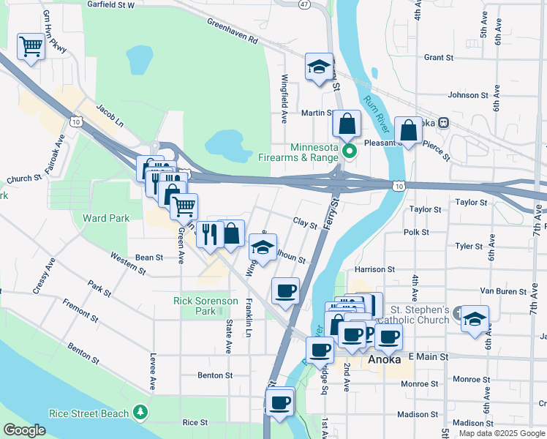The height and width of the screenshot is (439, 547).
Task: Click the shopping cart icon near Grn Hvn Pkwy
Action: pyautogui.click(x=31, y=47)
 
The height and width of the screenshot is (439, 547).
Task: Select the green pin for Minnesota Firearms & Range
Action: pyautogui.click(x=350, y=152)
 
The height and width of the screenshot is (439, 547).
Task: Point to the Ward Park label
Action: pyautogui.click(x=106, y=218)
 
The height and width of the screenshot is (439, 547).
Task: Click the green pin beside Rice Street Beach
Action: pyautogui.click(x=140, y=413)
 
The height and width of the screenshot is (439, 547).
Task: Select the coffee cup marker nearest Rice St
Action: pyautogui.click(x=279, y=402)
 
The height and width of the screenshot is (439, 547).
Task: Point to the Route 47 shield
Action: pyautogui.click(x=303, y=4)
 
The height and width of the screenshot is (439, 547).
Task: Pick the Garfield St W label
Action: pyautogui.click(x=111, y=5)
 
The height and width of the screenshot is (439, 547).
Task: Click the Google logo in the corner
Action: pyautogui.click(x=24, y=430)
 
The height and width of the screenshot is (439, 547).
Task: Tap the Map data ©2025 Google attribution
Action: pyautogui.click(x=501, y=433)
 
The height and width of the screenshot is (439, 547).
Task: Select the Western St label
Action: pyautogui.click(x=128, y=263)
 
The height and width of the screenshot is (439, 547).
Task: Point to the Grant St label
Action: pyautogui.click(x=439, y=57)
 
